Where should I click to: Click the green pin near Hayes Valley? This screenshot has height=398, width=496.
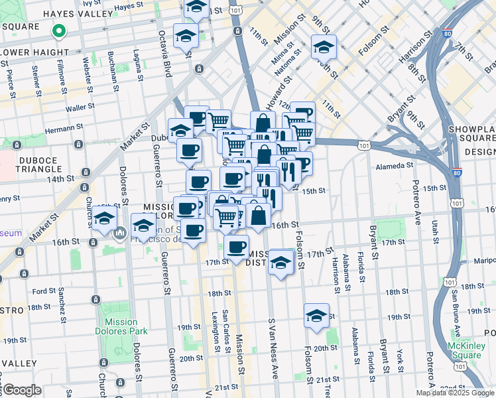58,31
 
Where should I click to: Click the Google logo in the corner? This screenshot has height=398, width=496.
21,391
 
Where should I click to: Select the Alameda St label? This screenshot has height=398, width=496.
394,166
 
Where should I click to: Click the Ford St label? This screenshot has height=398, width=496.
44,291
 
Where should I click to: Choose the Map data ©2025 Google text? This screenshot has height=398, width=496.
455,393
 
